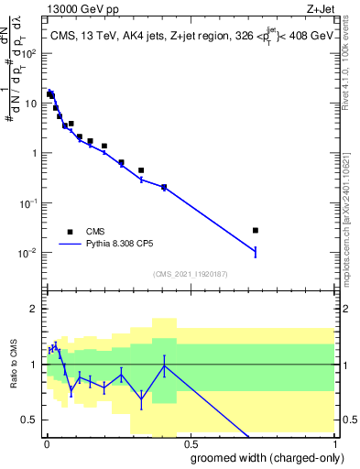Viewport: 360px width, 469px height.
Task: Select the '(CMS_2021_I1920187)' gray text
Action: tap(190, 274)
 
